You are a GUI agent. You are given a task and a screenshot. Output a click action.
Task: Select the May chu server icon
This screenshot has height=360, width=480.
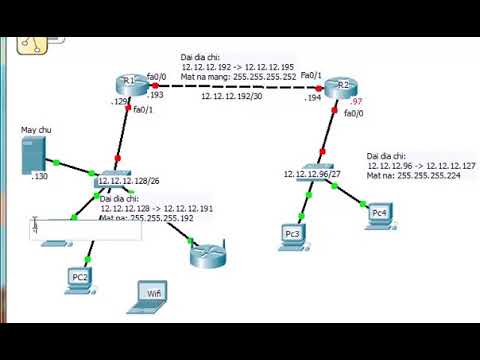pos(33,155)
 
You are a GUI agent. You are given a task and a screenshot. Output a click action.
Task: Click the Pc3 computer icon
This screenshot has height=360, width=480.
pos(291,236)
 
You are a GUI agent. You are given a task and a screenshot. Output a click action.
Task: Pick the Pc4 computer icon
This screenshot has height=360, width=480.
pos(377,212)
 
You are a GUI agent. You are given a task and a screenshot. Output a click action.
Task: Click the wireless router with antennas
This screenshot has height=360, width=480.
pos(208,253)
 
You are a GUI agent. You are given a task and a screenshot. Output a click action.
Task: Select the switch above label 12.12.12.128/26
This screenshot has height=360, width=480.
pos(110,180)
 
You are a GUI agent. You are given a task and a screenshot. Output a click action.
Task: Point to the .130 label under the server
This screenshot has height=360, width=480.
pos(40,177)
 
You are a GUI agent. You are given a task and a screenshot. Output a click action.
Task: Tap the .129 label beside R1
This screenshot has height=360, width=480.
pos(119,102)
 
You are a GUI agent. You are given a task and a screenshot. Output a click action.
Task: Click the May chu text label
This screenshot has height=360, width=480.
pos(36,130)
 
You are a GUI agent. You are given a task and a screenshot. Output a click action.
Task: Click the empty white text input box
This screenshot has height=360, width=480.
pos(85,228)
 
